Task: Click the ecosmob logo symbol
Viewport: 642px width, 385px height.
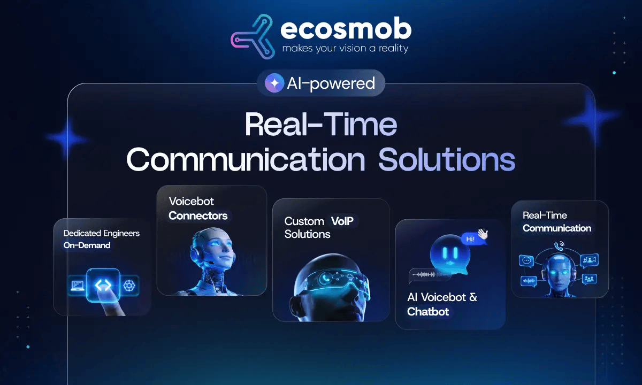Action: (252, 37)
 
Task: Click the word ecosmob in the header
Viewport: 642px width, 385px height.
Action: (346, 29)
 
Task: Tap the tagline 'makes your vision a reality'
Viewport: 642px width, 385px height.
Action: (346, 49)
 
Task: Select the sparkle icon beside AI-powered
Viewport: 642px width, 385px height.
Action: (274, 83)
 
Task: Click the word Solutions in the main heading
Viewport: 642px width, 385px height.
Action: (447, 159)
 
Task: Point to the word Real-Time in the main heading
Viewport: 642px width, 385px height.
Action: (321, 124)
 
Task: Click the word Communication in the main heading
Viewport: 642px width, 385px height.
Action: (246, 159)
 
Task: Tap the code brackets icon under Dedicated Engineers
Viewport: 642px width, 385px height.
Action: (103, 285)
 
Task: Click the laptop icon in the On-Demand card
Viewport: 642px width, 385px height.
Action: (78, 286)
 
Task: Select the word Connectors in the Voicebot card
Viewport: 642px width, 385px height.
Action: (198, 215)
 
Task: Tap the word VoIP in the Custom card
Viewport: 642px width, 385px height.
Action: (342, 221)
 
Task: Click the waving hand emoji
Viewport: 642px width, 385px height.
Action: (483, 234)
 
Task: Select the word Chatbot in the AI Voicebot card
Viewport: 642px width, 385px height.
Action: (428, 312)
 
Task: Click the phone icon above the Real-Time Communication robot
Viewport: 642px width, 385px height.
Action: (559, 246)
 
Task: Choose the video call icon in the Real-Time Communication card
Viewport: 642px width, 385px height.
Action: (589, 260)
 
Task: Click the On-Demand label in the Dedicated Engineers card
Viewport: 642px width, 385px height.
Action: (87, 245)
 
